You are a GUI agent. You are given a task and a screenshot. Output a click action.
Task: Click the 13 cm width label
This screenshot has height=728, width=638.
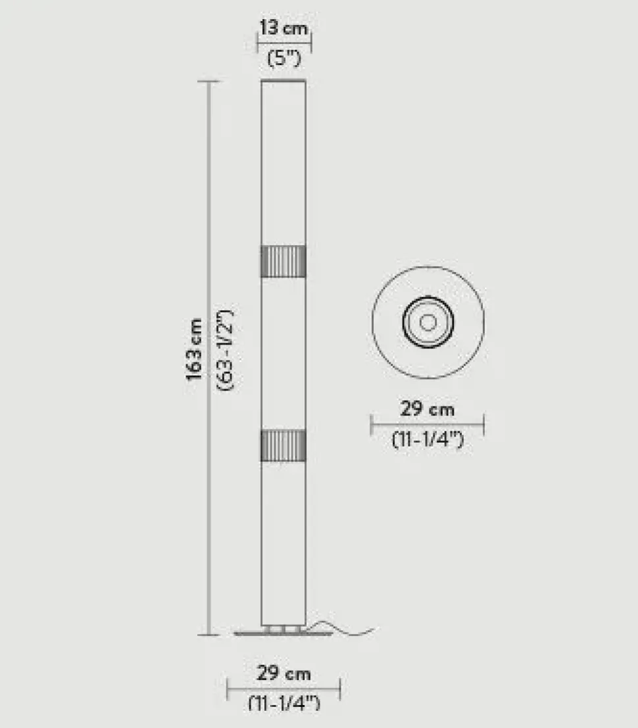[x=283, y=28]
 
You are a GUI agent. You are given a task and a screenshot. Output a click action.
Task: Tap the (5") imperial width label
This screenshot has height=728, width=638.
[x=283, y=58]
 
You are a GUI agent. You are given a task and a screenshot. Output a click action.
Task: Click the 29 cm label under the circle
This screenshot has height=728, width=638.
[x=428, y=409]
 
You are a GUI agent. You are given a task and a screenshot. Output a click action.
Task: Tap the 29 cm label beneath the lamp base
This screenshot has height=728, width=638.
[x=283, y=673]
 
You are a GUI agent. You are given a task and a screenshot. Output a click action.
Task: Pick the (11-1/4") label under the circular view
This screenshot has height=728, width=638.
[x=428, y=439]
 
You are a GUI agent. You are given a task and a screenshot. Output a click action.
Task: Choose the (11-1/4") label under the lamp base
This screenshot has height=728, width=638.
[x=283, y=703]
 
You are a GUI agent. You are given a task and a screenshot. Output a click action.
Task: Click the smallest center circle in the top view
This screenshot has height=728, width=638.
[x=428, y=322]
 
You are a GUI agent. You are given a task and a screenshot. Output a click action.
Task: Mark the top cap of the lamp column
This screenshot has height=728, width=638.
[x=283, y=81]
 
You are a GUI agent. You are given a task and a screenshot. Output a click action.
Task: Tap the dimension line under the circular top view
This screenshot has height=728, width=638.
[x=428, y=425]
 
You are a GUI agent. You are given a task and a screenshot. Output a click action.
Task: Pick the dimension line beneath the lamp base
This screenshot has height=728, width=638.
[x=283, y=689]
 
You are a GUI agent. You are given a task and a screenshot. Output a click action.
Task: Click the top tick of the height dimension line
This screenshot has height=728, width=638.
[x=209, y=82]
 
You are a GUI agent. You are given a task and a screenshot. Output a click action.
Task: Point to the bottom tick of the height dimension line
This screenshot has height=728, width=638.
[x=209, y=635]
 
